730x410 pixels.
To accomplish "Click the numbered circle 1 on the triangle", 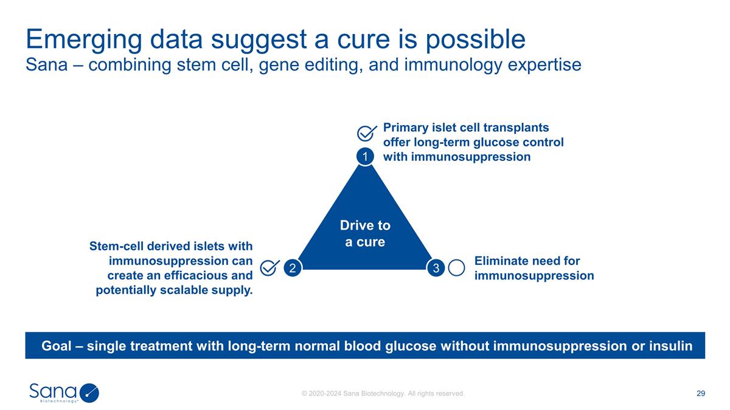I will [x=364, y=157].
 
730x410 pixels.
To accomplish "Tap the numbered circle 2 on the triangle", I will [x=293, y=268].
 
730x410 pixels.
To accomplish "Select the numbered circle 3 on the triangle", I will [x=436, y=268].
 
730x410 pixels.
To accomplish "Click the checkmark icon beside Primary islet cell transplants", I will [x=366, y=132].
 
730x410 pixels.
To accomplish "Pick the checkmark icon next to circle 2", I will [x=269, y=268].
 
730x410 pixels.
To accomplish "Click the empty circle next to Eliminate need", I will [x=456, y=268].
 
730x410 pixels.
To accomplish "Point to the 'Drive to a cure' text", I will [x=365, y=234].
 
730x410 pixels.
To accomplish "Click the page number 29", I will [x=700, y=394].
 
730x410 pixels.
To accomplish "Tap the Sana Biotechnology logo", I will [x=64, y=393].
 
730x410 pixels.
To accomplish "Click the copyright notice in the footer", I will [x=383, y=394].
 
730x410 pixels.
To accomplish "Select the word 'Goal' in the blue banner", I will [x=59, y=346].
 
